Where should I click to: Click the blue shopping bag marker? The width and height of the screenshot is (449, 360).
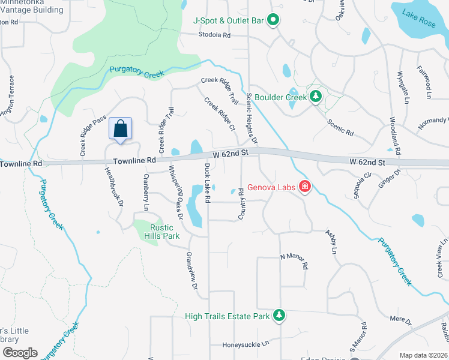tap(121, 129)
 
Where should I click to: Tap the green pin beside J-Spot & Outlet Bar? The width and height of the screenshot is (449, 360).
tap(273, 20)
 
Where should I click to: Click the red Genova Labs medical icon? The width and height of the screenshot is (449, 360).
tap(304, 187)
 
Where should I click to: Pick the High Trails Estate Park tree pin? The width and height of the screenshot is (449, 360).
tap(279, 315)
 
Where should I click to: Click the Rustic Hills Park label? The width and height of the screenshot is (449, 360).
tap(161, 232)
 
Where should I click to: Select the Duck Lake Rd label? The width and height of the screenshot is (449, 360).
tap(206, 182)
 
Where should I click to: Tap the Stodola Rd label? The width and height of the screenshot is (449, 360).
tap(215, 35)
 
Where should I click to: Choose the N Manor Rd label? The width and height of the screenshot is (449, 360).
tap(294, 261)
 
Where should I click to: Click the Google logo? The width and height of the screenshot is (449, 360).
tap(19, 353)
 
